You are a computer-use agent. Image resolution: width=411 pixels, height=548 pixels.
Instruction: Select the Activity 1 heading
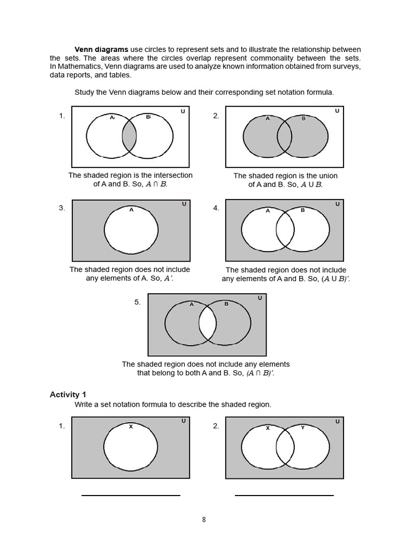click(x=68, y=394)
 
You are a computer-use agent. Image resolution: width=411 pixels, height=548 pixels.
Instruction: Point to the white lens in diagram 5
click(x=207, y=325)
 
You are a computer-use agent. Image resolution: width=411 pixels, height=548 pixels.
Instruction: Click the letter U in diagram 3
click(x=184, y=204)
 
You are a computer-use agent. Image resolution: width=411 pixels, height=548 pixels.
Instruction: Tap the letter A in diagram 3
click(x=131, y=210)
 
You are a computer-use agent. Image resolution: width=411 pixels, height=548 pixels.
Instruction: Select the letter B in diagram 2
click(x=303, y=118)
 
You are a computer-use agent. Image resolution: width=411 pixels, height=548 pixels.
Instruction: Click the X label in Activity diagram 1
click(x=131, y=427)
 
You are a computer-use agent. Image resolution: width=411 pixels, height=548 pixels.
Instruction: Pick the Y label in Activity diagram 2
click(x=302, y=428)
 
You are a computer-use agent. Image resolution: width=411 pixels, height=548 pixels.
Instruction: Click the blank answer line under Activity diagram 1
click(x=131, y=495)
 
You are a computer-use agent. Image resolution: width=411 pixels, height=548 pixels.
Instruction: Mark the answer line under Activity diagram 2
click(x=284, y=495)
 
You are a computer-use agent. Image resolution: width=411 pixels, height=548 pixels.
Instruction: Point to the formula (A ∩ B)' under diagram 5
click(x=260, y=373)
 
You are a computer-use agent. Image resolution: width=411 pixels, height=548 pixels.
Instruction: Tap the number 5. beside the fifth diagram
click(x=138, y=302)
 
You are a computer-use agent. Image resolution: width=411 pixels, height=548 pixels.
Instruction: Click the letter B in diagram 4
click(x=302, y=210)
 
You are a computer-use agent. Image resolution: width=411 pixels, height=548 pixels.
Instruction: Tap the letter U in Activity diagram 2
click(x=337, y=422)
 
